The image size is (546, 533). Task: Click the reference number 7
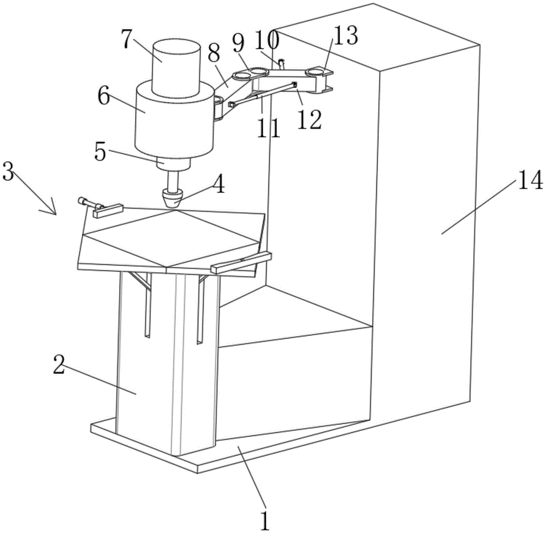point(128,40)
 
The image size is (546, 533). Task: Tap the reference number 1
point(265,519)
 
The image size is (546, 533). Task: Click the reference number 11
point(269,127)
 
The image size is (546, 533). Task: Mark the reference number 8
point(214,54)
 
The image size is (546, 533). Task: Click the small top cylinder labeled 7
point(176,68)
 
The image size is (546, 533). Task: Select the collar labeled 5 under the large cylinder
point(173,163)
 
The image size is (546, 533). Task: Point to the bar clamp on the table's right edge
point(241,262)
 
